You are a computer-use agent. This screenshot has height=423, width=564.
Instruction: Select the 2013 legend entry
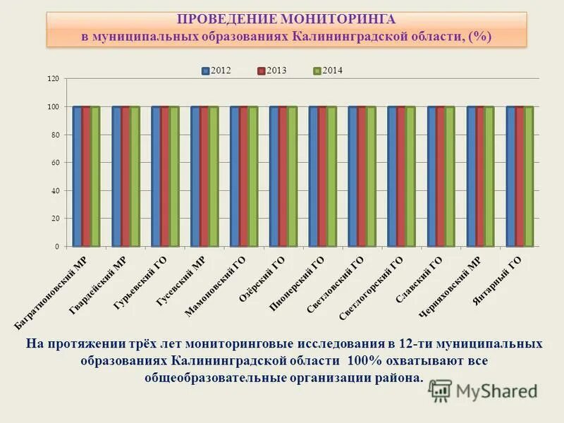(272, 70)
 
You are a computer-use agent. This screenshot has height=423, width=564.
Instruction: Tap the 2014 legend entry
(329, 70)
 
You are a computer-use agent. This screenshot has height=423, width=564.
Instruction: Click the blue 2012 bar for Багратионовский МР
(77, 176)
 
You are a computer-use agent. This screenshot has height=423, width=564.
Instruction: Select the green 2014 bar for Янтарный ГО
(529, 176)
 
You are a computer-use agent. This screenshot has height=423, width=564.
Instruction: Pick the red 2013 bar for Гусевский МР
(204, 176)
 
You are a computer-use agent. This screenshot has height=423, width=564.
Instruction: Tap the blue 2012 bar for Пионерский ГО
(313, 176)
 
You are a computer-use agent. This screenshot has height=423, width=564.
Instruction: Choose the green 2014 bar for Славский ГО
(450, 176)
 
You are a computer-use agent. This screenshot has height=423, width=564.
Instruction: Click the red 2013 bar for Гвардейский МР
(125, 176)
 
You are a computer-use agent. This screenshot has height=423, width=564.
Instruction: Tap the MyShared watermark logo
(484, 390)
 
